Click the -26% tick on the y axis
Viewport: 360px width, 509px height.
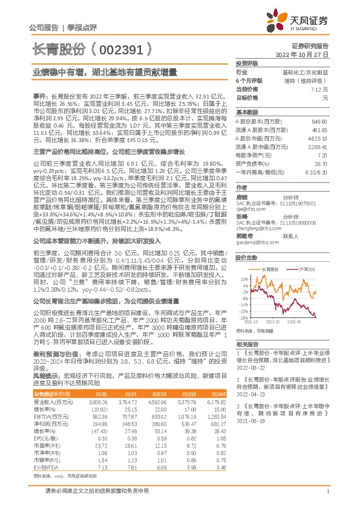243,317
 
